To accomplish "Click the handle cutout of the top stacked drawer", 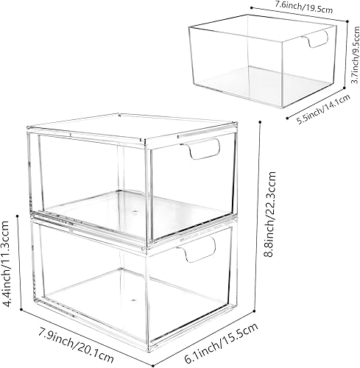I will pyautogui.click(x=204, y=152).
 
